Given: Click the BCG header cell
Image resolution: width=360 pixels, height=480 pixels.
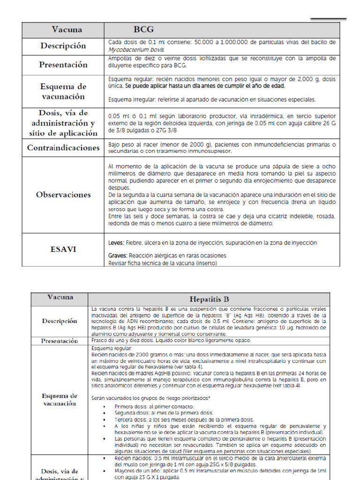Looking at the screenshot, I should (x=143, y=30).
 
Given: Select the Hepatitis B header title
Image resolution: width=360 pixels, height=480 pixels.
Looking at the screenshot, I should (x=209, y=299).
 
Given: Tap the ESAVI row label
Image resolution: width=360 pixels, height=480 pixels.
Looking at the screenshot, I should (x=63, y=249).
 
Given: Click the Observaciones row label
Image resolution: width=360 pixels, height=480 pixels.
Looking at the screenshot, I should (x=63, y=195).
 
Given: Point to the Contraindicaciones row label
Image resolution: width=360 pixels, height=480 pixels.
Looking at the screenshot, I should (x=63, y=148).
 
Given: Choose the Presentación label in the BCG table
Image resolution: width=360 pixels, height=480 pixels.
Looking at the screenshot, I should (x=63, y=65).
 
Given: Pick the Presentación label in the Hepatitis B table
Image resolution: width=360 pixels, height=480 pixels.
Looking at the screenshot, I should (x=59, y=341).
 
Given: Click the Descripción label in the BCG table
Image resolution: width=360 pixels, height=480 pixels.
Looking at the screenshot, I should (x=63, y=46).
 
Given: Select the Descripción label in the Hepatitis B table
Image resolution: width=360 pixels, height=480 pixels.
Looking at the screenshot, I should (x=59, y=321).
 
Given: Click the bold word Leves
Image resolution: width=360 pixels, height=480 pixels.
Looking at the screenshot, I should (x=116, y=243).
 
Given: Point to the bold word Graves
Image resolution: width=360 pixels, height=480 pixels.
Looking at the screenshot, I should (x=118, y=255).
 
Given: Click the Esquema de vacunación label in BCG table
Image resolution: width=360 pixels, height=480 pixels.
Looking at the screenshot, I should (x=63, y=91).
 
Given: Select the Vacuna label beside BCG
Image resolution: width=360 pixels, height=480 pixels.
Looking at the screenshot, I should (x=67, y=30).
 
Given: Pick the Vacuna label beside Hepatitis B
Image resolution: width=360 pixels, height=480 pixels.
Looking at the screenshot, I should (x=60, y=297).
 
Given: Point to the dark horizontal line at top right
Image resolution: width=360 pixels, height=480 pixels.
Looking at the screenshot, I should (x=328, y=19).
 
